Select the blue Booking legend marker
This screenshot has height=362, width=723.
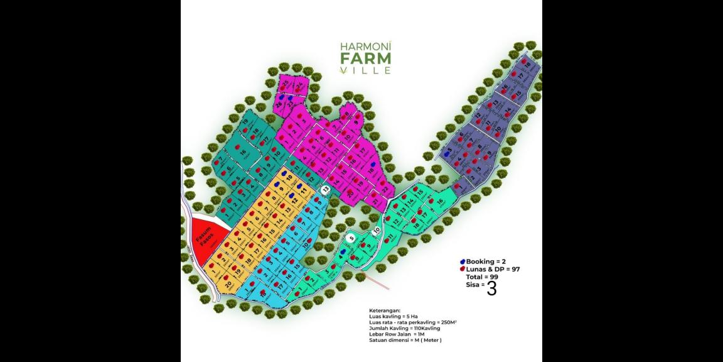[x=463, y=261]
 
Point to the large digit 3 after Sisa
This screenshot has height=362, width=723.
[x=491, y=288]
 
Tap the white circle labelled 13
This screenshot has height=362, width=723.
[x=325, y=189]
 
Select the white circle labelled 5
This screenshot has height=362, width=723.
[x=352, y=238]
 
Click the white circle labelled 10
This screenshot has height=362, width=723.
[x=376, y=231]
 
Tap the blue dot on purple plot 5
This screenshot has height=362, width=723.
[x=447, y=153]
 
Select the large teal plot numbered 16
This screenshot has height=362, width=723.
[x=242, y=153]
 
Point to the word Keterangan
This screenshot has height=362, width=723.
[x=383, y=310]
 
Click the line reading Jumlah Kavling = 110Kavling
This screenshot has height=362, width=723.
[x=404, y=328]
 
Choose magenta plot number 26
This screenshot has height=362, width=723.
[x=280, y=106]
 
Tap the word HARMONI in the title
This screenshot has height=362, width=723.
[x=365, y=46]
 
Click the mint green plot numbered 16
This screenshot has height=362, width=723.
[x=440, y=202]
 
